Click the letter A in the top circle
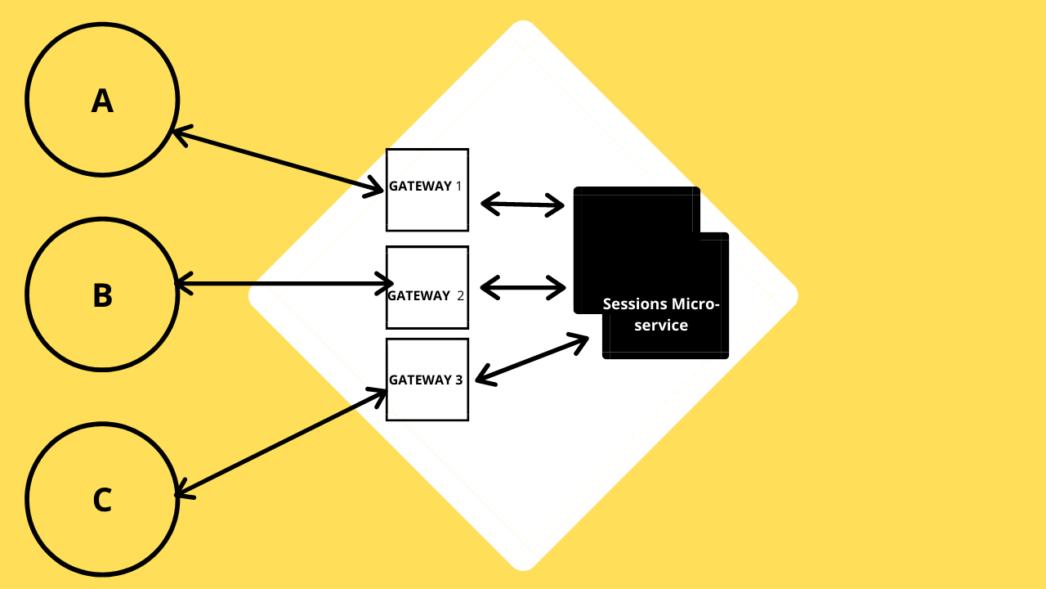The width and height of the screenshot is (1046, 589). point(102,101)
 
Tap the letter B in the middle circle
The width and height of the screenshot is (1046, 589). point(102,295)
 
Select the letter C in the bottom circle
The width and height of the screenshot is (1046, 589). point(102,500)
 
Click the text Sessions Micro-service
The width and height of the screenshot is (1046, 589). point(661,314)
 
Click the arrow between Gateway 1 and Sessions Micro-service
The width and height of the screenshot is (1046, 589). point(523,205)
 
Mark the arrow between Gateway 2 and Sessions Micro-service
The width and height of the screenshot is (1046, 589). point(523,287)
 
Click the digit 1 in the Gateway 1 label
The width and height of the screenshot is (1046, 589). point(458,186)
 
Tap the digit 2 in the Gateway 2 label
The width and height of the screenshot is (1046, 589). point(460,295)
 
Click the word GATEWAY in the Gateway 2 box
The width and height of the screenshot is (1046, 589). point(418,295)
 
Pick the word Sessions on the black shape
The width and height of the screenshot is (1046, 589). point(635,304)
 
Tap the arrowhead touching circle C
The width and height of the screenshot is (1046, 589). point(181,492)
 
